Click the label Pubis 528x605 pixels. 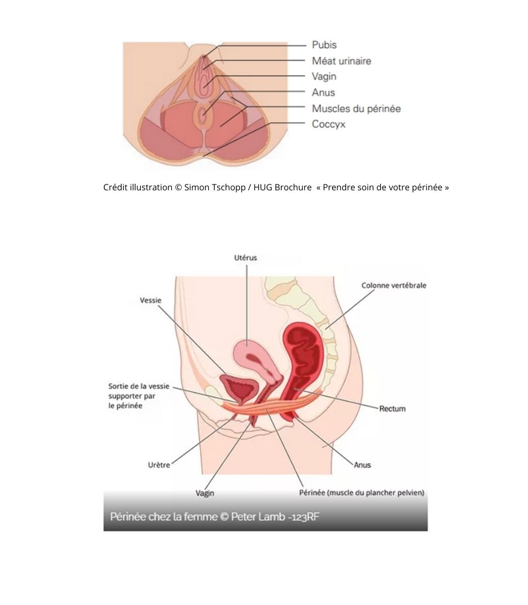tap(324, 45)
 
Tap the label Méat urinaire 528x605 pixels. tap(341, 61)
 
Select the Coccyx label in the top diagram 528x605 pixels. tap(329, 125)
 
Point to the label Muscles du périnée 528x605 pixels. tap(356, 109)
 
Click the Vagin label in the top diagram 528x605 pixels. tap(324, 76)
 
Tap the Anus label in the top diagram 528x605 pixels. tap(323, 93)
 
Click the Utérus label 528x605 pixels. tap(245, 257)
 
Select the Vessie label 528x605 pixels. tap(151, 300)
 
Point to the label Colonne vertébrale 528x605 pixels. tap(394, 285)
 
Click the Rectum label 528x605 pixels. tap(392, 409)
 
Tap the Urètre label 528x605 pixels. tap(159, 465)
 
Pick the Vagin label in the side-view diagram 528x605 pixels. tap(205, 493)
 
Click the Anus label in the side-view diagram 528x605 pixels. tap(363, 465)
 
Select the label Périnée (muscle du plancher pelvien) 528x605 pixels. tap(362, 493)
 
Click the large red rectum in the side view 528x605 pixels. tap(302, 362)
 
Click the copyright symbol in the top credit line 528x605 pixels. tap(178, 187)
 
